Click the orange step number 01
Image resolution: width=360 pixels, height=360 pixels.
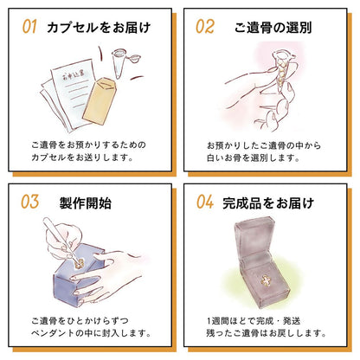pos(29,27)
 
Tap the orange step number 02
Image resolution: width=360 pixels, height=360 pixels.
pos(205,27)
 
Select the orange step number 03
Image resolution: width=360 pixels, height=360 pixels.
pos(29,202)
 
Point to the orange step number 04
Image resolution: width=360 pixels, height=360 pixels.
pos(205,202)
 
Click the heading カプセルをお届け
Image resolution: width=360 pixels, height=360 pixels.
pos(99,28)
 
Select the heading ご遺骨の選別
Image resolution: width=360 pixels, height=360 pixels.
pos(273,28)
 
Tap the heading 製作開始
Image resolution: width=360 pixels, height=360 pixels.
pos(86,202)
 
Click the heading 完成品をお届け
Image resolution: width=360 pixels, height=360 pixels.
pos(268,202)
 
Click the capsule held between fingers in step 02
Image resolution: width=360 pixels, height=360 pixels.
pos(281,69)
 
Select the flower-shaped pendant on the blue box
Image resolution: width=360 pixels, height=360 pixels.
pos(80,263)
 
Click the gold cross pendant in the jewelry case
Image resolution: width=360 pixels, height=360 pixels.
pos(266,280)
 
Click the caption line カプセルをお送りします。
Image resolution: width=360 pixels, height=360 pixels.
pos(82,157)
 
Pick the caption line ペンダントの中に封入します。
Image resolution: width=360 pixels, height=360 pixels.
pos(91,333)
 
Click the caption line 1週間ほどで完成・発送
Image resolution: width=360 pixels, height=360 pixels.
pos(254,321)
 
